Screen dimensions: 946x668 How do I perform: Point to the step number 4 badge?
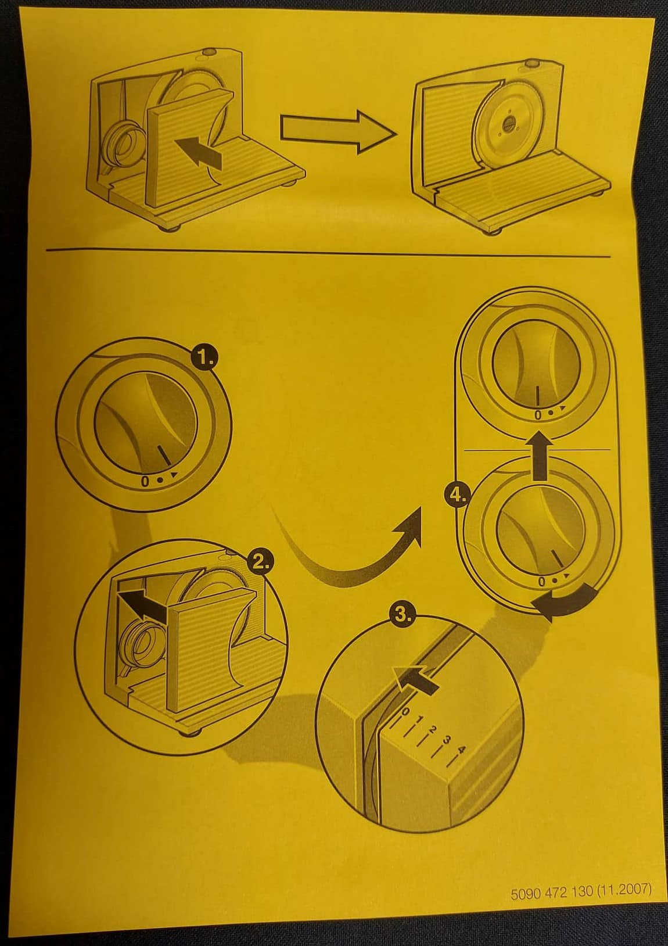click(457, 495)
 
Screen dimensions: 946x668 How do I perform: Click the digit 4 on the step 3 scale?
click(462, 750)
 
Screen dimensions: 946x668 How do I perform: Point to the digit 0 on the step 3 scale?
click(405, 712)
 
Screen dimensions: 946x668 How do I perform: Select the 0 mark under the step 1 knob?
click(145, 482)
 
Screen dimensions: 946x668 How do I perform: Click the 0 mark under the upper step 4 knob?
click(538, 415)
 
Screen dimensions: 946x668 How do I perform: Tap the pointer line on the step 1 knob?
click(164, 456)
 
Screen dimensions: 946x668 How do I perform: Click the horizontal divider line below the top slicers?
click(328, 253)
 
